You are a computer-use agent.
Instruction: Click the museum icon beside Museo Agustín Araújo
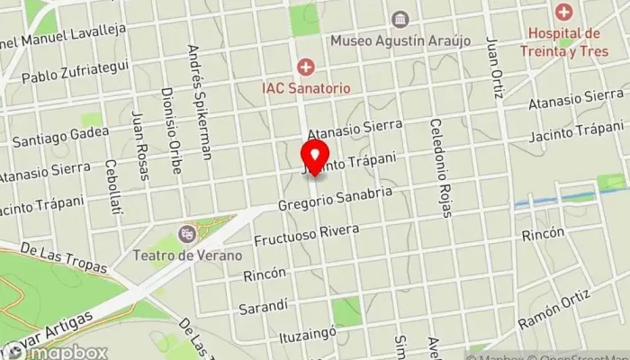(x=398, y=19)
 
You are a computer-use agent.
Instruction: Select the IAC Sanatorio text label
(x=306, y=88)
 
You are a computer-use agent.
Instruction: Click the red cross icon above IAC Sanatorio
(x=306, y=67)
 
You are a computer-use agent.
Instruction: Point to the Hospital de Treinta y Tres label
(x=564, y=41)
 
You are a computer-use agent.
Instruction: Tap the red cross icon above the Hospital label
(x=564, y=13)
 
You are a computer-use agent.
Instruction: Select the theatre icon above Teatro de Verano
(x=186, y=234)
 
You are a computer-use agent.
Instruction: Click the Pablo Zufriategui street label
(x=77, y=70)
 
